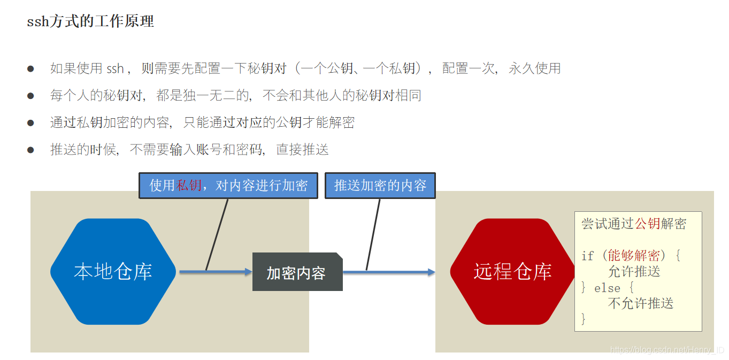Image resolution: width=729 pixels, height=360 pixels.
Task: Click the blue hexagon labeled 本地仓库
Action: click(x=113, y=271)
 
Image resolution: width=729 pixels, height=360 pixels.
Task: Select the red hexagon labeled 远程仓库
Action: click(x=512, y=271)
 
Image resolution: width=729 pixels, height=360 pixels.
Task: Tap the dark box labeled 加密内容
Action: click(x=297, y=273)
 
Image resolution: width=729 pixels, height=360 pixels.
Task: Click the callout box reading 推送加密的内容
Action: click(x=380, y=186)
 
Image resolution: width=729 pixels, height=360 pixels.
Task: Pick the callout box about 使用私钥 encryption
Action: click(x=228, y=186)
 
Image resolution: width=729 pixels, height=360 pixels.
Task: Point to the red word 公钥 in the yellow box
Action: click(x=647, y=224)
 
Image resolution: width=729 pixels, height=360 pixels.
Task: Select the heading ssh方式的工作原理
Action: click(x=90, y=21)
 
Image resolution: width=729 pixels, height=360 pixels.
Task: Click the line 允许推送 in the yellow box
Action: click(x=634, y=271)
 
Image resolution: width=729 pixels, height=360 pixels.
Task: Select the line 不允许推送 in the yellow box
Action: click(x=641, y=303)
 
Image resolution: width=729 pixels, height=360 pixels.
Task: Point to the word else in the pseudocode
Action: click(x=607, y=288)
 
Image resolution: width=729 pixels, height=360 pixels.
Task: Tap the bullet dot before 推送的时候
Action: click(x=30, y=150)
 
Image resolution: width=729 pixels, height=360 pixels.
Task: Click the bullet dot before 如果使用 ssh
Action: click(x=30, y=69)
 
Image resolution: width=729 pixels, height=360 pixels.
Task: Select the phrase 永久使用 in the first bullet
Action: click(x=534, y=68)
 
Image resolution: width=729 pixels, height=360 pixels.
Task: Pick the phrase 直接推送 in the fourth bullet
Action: click(x=302, y=150)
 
